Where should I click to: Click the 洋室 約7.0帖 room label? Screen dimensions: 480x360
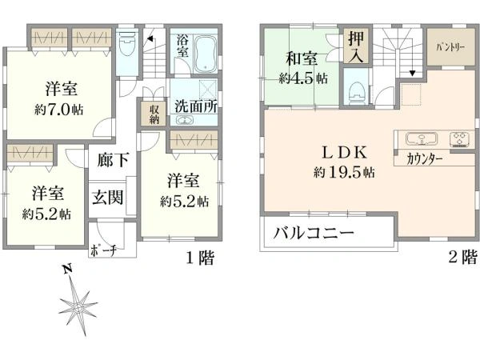tap(59, 98)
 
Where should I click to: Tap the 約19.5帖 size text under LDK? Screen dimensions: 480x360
tap(344, 172)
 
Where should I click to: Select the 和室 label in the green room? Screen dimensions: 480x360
tap(302, 58)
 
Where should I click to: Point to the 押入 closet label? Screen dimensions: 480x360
tap(356, 46)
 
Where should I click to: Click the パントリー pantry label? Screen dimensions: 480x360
tap(450, 47)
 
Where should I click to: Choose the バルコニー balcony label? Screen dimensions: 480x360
tap(314, 234)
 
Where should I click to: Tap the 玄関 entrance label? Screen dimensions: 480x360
tap(108, 197)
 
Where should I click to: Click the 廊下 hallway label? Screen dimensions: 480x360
tap(113, 159)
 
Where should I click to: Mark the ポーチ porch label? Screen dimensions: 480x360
tap(103, 251)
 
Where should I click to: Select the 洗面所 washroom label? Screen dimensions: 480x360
tap(196, 106)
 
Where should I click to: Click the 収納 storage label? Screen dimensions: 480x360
tap(154, 114)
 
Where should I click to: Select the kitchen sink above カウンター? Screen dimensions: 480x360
tap(422, 138)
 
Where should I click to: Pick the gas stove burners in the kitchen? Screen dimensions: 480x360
tap(459, 138)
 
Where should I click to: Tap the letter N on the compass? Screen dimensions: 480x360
tap(68, 269)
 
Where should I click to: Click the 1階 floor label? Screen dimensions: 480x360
tap(201, 258)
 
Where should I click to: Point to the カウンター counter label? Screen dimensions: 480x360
tap(425, 159)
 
